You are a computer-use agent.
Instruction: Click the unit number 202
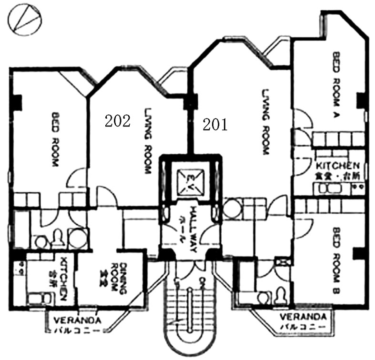(117, 121)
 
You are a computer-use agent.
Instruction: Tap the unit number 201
(215, 125)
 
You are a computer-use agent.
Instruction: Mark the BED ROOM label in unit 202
(54, 139)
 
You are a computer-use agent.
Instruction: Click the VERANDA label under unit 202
(76, 320)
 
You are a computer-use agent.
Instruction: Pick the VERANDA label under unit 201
(303, 317)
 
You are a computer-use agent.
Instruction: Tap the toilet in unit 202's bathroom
(58, 237)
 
